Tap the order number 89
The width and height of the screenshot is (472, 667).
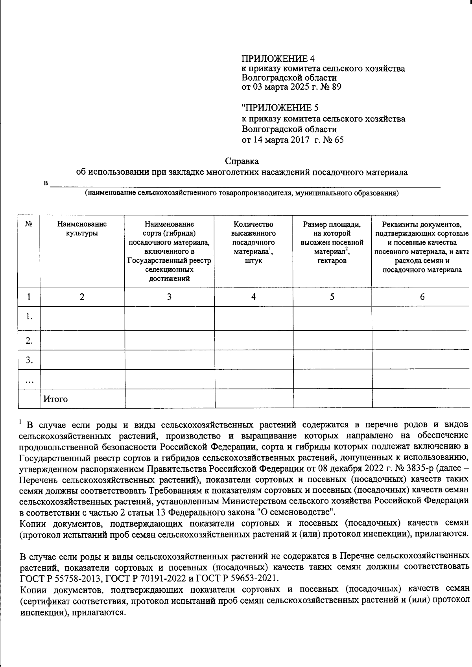[x=336, y=87]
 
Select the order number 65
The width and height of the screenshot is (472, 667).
[x=339, y=140]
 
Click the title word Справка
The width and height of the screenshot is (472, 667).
[x=242, y=161]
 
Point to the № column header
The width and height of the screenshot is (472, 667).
[x=29, y=225]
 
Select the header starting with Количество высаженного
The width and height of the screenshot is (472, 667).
[x=253, y=242]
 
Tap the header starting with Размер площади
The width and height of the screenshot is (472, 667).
[x=332, y=242]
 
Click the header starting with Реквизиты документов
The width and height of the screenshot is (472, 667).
[x=422, y=247]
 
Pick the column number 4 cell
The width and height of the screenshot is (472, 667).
[x=254, y=297]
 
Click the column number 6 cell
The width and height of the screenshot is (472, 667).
[x=422, y=297]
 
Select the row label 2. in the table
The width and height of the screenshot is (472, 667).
[x=29, y=341]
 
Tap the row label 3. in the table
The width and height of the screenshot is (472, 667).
[x=29, y=360]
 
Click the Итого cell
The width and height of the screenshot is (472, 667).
[x=55, y=399]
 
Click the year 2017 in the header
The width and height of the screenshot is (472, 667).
[x=301, y=140]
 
